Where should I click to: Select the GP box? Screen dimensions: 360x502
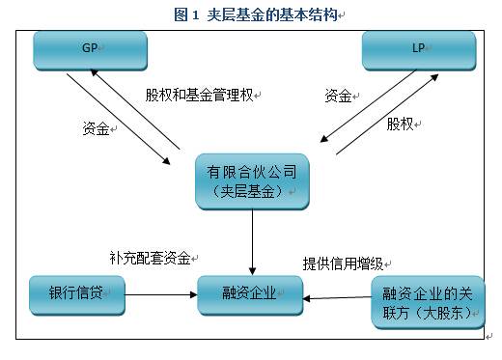[90, 50]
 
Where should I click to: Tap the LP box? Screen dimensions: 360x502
[418, 50]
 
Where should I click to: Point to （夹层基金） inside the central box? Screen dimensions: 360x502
[251, 192]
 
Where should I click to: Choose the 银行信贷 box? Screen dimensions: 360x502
[77, 295]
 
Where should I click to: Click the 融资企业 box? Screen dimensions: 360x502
[249, 295]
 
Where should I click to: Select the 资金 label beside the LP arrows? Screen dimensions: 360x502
[337, 96]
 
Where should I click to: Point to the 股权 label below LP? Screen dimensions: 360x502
[401, 125]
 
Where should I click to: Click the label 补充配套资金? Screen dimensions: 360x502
[151, 259]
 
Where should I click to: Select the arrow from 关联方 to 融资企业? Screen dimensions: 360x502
[338, 298]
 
